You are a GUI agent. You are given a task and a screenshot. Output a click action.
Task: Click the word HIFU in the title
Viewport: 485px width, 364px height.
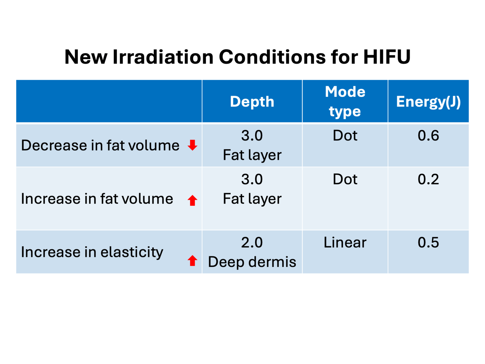[x=387, y=57]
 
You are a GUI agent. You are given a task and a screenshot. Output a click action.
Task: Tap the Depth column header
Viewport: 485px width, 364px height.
[x=252, y=102]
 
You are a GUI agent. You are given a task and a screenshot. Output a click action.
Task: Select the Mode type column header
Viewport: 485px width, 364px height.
[x=345, y=102]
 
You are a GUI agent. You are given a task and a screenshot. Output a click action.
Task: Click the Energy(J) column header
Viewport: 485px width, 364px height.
[x=428, y=102]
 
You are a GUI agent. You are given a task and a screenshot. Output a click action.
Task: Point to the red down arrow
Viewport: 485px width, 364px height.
[x=192, y=145]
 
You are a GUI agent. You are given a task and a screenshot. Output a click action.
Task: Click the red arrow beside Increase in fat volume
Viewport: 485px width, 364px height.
[x=192, y=200]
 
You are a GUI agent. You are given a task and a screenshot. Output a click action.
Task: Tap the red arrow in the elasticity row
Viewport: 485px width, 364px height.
[x=192, y=260]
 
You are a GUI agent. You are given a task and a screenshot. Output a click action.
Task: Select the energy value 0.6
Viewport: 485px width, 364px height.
[x=428, y=135]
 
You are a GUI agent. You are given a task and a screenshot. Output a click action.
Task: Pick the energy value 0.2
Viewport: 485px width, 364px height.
[x=428, y=179]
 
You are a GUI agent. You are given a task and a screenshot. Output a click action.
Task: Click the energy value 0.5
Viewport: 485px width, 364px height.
[x=428, y=242]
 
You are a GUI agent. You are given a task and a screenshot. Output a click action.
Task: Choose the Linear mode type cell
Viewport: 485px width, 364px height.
[x=345, y=242]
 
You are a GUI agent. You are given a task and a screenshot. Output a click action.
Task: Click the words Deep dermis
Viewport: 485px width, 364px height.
[x=252, y=262]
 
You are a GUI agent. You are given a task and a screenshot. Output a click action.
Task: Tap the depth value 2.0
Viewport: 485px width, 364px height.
[x=252, y=242]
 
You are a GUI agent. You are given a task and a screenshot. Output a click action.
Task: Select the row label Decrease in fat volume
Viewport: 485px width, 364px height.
[x=100, y=145]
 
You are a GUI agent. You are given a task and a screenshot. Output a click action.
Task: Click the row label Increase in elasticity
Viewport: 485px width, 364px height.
[x=92, y=252]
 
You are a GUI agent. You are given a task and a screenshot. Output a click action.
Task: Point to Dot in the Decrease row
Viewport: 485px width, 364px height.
[x=345, y=135]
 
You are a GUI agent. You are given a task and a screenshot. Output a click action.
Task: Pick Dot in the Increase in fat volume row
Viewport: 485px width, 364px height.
[x=345, y=179]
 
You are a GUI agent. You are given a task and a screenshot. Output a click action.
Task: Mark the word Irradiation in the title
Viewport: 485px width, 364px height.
[x=163, y=57]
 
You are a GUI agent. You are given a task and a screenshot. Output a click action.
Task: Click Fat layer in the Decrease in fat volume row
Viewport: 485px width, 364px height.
[x=252, y=155]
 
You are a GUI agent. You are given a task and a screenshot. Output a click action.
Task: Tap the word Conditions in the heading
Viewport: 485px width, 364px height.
[x=272, y=57]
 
